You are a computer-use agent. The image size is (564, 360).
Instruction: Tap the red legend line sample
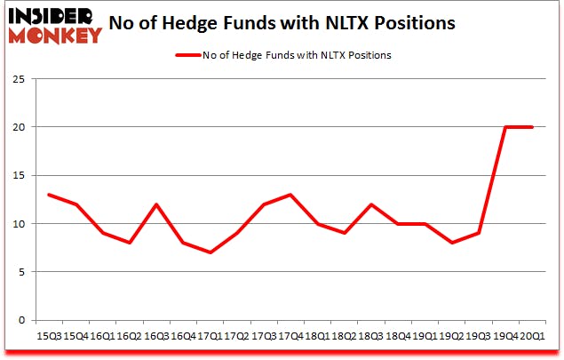click(189, 55)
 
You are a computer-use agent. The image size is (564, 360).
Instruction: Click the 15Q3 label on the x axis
click(50, 339)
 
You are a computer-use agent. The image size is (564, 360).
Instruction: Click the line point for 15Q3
click(50, 195)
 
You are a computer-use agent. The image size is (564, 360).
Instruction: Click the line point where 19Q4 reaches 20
click(506, 127)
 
